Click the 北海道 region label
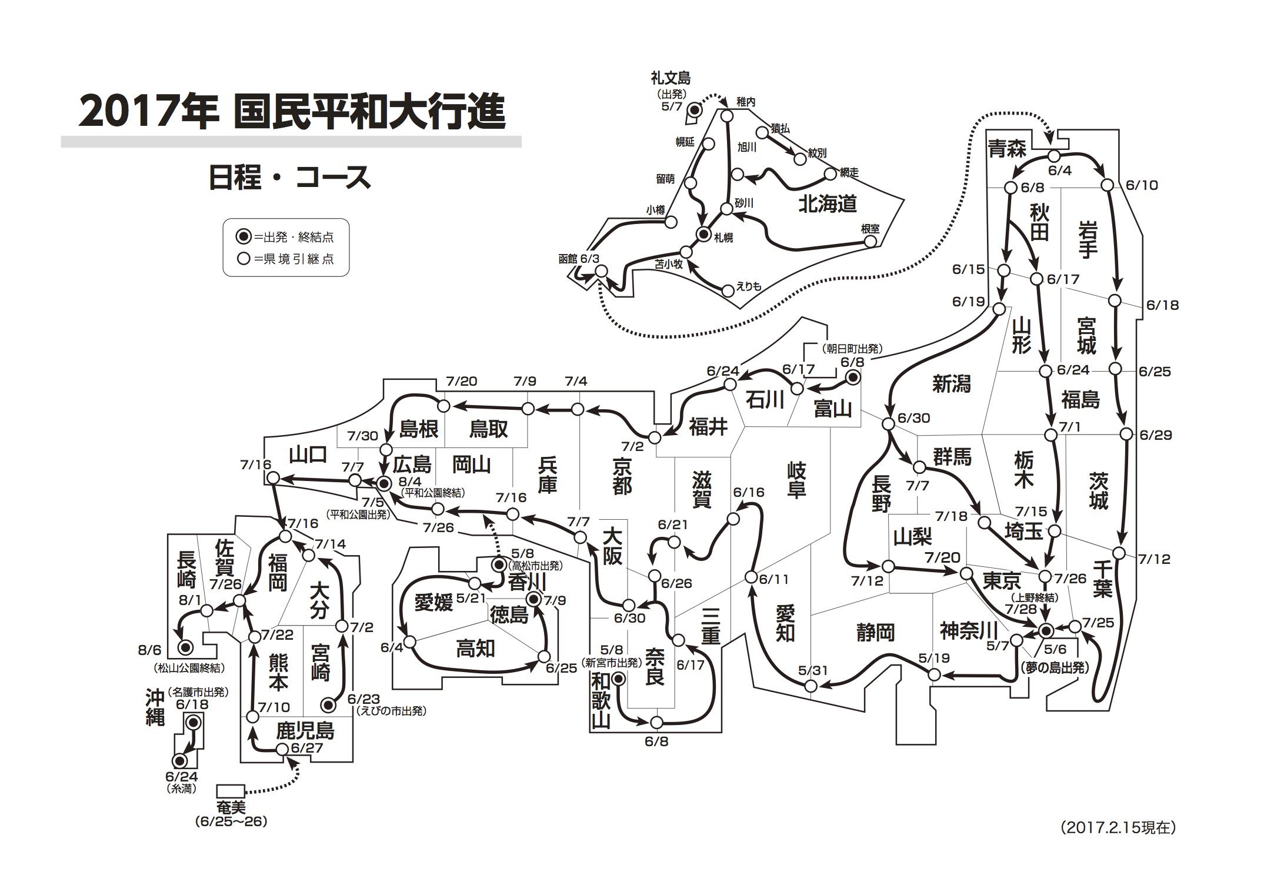827,204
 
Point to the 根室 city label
870,229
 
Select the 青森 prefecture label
1007,149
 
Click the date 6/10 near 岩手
1142,185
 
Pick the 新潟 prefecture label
951,385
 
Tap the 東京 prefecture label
1002,581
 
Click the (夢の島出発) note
1056,668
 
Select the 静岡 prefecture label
875,632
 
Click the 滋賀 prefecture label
702,490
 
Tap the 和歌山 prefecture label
601,701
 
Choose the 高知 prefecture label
475,649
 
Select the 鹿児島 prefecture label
305,731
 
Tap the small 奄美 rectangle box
231,790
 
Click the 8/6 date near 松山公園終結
149,651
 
